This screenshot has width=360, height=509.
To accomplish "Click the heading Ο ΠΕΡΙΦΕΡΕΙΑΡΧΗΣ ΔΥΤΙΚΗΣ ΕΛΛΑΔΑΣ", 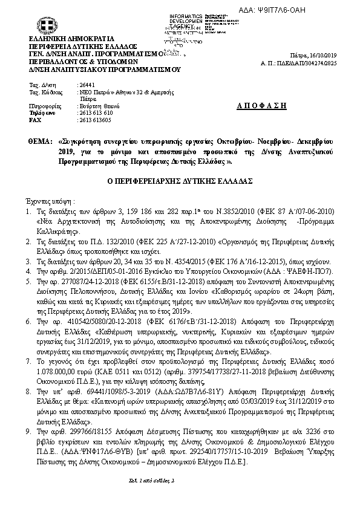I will tap(179, 181).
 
